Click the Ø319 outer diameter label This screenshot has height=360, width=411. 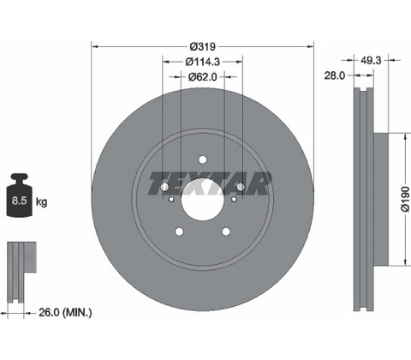[203, 46]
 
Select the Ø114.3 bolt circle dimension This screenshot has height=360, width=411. [203, 62]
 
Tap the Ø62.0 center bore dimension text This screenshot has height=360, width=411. [203, 77]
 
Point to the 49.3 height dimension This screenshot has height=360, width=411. [371, 60]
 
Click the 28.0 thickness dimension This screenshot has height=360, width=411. [335, 75]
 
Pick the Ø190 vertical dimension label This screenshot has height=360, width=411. [405, 199]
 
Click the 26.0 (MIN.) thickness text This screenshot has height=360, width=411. [65, 312]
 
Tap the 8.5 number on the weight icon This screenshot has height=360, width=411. [19, 201]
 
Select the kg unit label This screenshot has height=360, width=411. [41, 202]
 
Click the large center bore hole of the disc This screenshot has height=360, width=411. [202, 199]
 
